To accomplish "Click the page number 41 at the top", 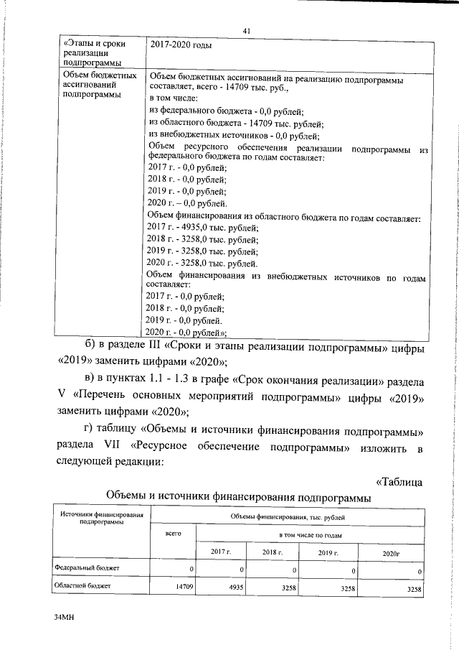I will [246, 30].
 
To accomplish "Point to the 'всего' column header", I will [172, 554].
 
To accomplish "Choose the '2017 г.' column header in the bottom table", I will [220, 571].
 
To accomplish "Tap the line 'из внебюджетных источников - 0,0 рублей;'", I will [234, 135].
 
